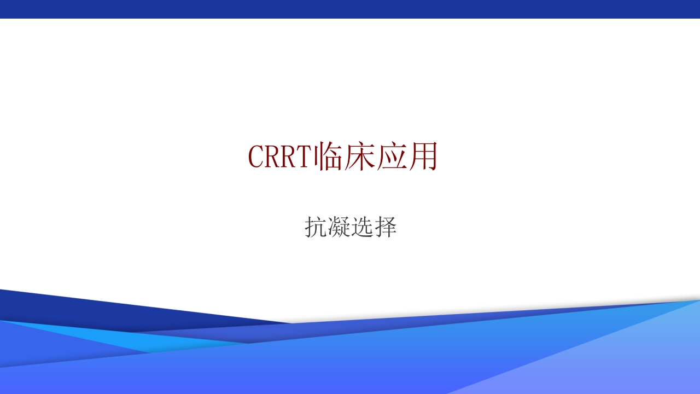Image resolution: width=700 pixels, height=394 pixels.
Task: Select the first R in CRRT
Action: tap(273, 157)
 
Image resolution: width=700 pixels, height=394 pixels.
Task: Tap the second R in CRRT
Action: tap(289, 157)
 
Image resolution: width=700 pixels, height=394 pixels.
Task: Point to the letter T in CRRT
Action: tap(305, 157)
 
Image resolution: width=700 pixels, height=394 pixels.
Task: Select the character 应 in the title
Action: tap(392, 157)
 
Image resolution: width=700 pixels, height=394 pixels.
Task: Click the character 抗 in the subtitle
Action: tap(316, 227)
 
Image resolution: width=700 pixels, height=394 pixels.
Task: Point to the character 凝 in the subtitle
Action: tap(339, 227)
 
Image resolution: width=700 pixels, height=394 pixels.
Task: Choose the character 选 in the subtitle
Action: tap(362, 227)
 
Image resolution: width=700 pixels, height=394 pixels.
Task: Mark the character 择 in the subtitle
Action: tap(386, 227)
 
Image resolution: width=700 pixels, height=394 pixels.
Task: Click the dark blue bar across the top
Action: tap(350, 9)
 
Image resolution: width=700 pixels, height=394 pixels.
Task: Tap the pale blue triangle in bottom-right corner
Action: tap(629, 361)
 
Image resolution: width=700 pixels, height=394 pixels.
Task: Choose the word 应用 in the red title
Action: tap(407, 157)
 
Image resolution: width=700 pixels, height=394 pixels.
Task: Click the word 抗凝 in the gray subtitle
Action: tap(327, 227)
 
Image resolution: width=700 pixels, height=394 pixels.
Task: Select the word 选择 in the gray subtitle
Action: tap(374, 227)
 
